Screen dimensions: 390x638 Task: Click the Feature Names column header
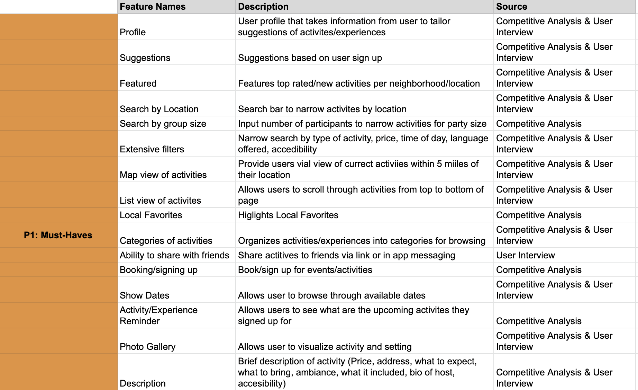click(153, 7)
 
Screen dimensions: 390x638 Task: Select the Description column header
click(263, 7)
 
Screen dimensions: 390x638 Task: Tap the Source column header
click(511, 7)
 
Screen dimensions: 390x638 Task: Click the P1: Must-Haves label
click(58, 235)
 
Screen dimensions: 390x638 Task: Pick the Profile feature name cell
click(133, 32)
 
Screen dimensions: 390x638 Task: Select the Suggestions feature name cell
click(145, 58)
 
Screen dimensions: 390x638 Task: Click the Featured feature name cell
click(138, 83)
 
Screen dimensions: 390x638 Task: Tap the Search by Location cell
click(159, 109)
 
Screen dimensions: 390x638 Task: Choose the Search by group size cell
click(163, 124)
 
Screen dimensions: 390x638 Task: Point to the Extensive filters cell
click(152, 149)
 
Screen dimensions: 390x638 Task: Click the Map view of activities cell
click(163, 175)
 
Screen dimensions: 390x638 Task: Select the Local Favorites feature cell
click(151, 215)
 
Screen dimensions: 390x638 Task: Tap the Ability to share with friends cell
click(174, 255)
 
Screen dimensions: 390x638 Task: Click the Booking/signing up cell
click(158, 270)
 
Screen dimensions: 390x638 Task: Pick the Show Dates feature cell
click(144, 295)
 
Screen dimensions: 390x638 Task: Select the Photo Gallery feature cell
click(147, 347)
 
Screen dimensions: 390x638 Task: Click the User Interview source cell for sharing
click(525, 255)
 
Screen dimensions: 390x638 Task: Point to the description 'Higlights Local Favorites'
click(288, 215)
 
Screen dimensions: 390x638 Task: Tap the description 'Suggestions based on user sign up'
click(310, 58)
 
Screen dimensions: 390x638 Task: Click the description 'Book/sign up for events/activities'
click(305, 270)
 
